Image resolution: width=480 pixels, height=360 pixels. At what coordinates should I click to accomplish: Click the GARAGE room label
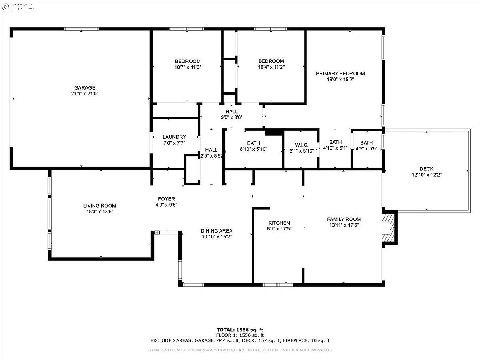85,87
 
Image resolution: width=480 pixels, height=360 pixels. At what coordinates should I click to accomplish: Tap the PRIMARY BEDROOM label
340,73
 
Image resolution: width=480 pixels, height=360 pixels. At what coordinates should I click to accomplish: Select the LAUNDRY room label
174,137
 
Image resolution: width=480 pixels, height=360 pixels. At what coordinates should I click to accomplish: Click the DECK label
426,169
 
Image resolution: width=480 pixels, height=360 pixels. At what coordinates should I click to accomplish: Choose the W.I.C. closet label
302,145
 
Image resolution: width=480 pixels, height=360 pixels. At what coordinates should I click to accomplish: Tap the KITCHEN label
279,223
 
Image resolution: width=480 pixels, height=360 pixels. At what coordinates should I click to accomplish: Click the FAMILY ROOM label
344,219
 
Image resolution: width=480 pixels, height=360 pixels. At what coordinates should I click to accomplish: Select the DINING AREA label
216,231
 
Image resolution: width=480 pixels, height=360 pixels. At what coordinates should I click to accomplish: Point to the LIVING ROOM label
100,206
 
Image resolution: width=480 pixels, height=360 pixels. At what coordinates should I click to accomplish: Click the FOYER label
166,199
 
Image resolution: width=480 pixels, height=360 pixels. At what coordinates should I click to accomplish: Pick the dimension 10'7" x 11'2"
187,67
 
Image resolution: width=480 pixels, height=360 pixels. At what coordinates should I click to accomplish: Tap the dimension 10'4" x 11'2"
271,67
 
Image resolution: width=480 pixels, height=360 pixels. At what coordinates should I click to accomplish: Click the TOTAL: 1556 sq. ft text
240,330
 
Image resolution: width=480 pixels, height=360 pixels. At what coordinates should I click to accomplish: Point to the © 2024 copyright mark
18,7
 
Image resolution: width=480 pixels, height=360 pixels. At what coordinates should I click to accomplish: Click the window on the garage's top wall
81,29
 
